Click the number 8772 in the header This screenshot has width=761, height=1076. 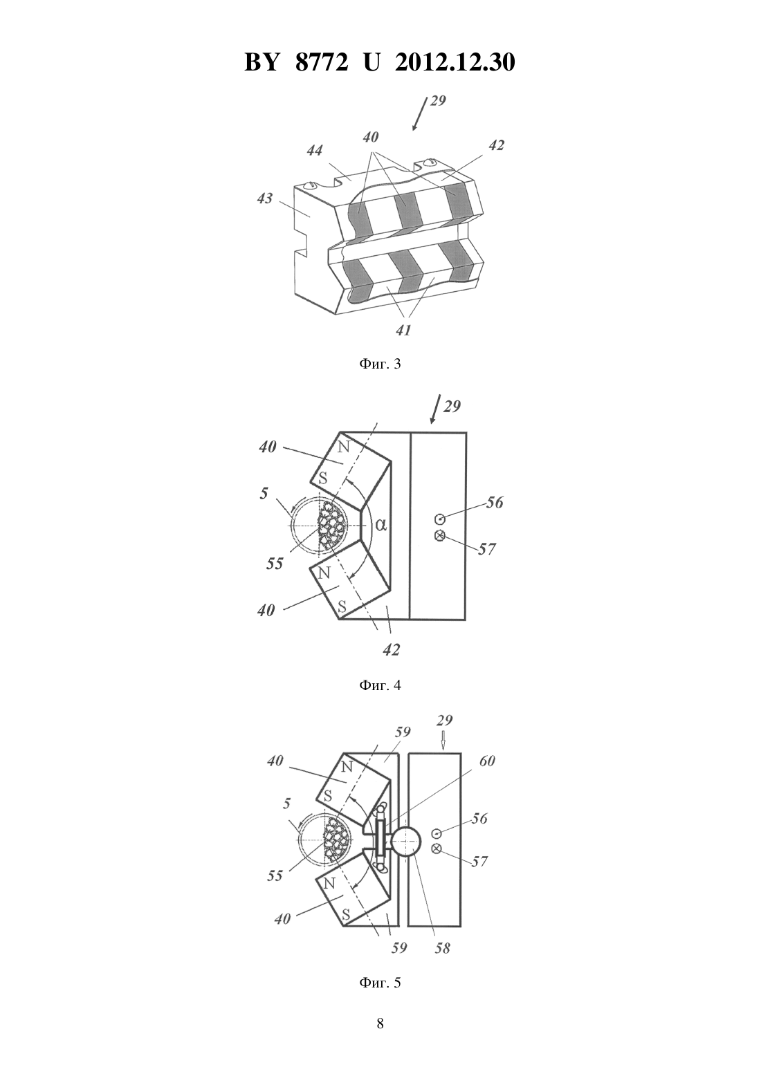click(322, 62)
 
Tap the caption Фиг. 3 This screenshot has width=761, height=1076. click(380, 364)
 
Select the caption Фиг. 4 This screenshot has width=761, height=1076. click(380, 685)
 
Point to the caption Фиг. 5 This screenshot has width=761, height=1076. click(380, 983)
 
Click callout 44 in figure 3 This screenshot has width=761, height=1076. click(315, 150)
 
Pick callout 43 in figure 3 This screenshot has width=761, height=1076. click(265, 198)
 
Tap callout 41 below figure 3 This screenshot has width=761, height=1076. click(403, 331)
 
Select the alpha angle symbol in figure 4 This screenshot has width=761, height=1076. click(381, 525)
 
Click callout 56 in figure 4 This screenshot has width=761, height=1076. click(495, 503)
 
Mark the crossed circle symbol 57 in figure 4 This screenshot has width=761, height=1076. click(439, 535)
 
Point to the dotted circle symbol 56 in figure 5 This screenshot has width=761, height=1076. click(437, 833)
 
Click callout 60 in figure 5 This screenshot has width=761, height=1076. click(486, 761)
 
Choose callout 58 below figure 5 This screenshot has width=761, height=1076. click(443, 948)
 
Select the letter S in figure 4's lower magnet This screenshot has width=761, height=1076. click(342, 606)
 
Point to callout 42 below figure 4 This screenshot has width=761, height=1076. click(392, 650)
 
